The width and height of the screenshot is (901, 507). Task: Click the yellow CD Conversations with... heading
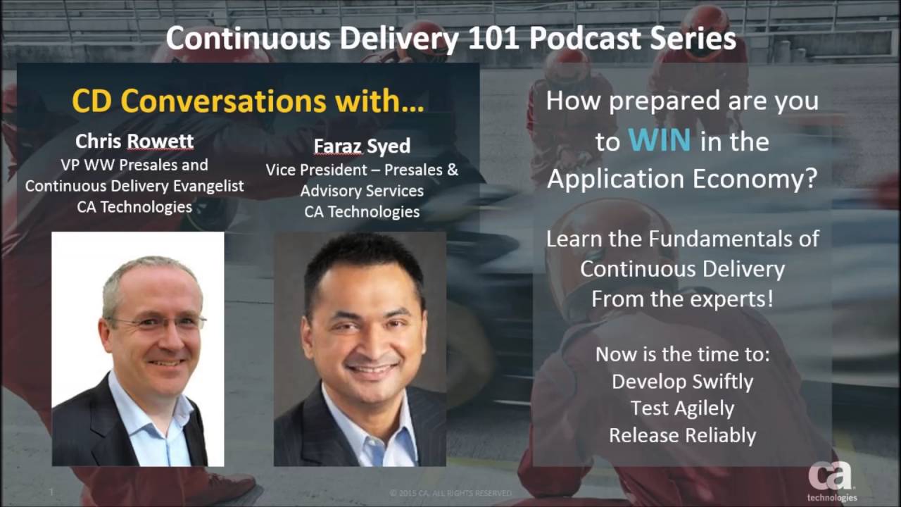[248, 101]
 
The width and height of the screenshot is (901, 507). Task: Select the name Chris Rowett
[134, 142]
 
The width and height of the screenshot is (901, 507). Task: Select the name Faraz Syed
[362, 146]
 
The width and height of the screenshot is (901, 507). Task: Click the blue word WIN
[660, 139]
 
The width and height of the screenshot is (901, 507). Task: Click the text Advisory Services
[362, 191]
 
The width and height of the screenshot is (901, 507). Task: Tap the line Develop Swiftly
[683, 382]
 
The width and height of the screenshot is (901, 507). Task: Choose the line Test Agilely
[683, 408]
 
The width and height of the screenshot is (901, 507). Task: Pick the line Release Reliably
[683, 435]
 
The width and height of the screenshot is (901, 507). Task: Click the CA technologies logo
[832, 481]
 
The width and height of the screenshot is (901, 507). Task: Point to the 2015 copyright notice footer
[450, 493]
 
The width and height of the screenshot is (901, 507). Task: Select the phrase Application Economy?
[683, 179]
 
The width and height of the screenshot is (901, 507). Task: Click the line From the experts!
[683, 299]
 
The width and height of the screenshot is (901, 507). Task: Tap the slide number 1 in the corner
[51, 492]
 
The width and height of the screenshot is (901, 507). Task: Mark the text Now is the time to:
[683, 354]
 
